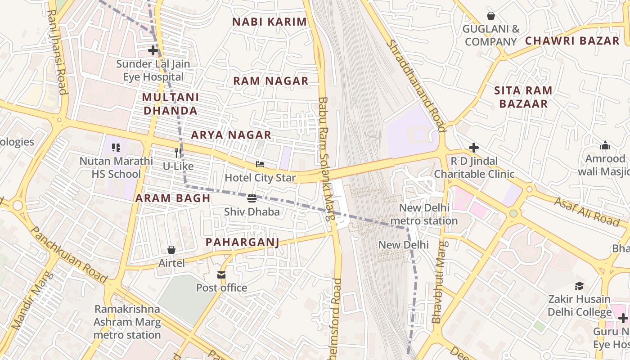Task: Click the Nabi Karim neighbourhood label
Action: click(270, 22)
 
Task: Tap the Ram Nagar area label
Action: click(270, 81)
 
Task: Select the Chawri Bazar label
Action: click(572, 40)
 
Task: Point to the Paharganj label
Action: click(242, 242)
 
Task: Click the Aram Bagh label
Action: click(173, 198)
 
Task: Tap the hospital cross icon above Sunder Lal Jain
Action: click(153, 50)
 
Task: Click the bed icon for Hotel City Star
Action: click(260, 164)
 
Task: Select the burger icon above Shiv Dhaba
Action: click(252, 198)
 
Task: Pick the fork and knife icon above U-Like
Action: click(178, 153)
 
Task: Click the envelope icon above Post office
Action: click(221, 274)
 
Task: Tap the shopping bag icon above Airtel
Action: click(171, 249)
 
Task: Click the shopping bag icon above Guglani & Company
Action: click(491, 16)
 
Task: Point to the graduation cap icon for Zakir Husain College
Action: click(579, 286)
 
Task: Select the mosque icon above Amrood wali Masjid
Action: click(605, 145)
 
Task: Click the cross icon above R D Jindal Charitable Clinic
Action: click(474, 148)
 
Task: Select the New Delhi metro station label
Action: click(424, 214)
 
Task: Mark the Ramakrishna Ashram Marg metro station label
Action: click(127, 322)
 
